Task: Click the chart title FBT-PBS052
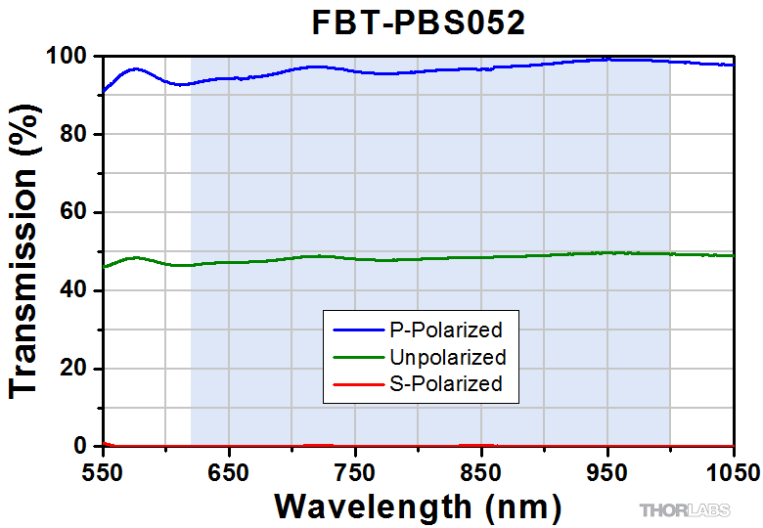tap(419, 22)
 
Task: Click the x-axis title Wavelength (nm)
tap(419, 506)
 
